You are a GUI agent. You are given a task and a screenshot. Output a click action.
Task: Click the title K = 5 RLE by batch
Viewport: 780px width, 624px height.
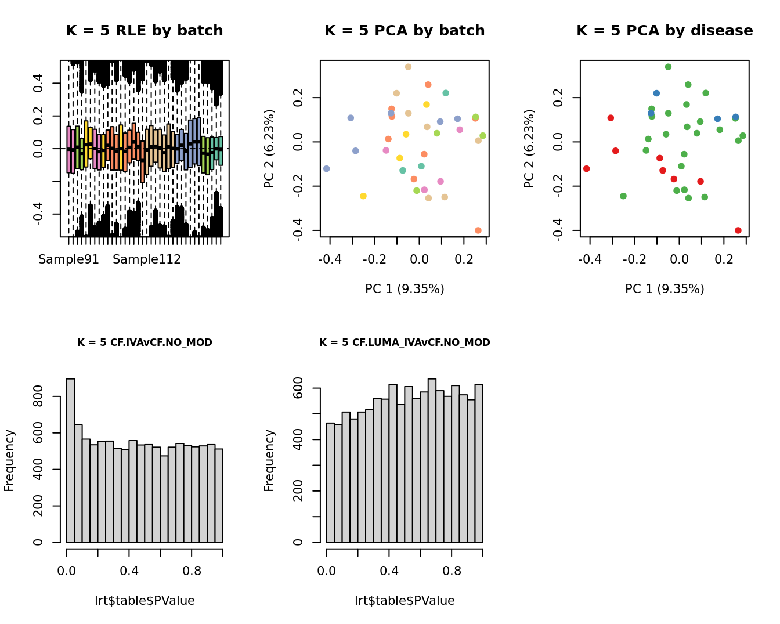click(x=144, y=31)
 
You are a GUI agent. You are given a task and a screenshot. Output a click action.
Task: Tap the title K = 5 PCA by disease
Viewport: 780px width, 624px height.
click(x=665, y=31)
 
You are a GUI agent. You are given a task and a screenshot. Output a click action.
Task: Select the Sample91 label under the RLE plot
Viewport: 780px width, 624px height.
click(x=68, y=259)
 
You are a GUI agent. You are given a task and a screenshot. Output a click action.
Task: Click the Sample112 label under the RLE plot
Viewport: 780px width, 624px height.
click(x=147, y=259)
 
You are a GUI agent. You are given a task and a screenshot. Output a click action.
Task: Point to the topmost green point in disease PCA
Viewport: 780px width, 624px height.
click(x=668, y=67)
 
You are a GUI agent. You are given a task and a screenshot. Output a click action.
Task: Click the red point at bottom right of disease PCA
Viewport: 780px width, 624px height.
click(x=738, y=230)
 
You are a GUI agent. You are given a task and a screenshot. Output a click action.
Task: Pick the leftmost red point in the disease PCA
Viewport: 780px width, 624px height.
click(x=586, y=169)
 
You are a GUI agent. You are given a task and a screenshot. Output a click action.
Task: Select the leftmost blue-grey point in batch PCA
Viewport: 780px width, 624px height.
click(x=326, y=169)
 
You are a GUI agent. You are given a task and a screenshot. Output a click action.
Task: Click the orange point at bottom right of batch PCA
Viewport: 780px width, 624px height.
click(x=478, y=230)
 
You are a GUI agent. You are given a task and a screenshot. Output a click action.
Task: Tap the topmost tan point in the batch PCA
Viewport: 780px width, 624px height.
click(x=408, y=67)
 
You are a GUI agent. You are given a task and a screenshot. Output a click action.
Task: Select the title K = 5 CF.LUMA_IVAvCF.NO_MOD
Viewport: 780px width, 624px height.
click(x=405, y=342)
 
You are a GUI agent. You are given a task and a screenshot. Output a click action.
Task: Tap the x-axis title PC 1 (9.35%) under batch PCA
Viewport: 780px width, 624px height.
click(x=405, y=289)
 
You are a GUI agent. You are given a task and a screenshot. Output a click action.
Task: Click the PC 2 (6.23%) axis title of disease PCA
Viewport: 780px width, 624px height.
click(x=529, y=149)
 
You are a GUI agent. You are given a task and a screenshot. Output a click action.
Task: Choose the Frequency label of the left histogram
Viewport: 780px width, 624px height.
click(x=9, y=460)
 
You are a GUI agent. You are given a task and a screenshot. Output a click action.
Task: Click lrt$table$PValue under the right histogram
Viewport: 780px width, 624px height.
click(x=405, y=601)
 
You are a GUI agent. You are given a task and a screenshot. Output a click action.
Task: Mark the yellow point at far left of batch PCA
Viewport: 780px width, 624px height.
click(x=363, y=196)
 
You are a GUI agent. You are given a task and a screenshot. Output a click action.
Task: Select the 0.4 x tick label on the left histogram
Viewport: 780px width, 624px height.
click(x=129, y=571)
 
